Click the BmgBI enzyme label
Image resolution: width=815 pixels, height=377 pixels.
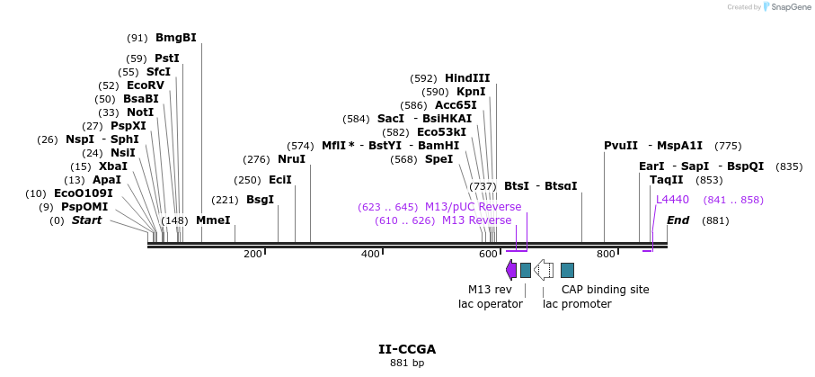(x=175, y=38)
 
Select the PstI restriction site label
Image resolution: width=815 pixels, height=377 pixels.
(x=167, y=58)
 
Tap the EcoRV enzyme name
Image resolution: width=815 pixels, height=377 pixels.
(x=146, y=85)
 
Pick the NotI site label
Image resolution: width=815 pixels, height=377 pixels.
(x=140, y=112)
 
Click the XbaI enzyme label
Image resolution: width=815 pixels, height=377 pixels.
(x=113, y=166)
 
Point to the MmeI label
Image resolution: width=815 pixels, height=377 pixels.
(x=213, y=220)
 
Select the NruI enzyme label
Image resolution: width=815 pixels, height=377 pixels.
(x=291, y=159)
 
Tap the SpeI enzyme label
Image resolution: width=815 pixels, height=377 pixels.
(x=439, y=159)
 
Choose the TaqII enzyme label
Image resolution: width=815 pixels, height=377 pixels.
(x=666, y=180)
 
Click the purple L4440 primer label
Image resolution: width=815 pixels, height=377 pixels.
(x=672, y=200)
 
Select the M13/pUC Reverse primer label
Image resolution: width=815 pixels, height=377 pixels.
(x=473, y=207)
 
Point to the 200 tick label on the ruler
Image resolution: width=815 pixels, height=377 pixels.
(x=252, y=255)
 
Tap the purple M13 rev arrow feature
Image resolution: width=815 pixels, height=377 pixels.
(x=511, y=270)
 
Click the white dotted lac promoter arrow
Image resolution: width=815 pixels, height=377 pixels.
(x=544, y=270)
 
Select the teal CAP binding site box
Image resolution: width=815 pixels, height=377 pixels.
(x=567, y=270)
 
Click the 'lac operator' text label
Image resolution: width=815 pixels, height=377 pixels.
(x=491, y=304)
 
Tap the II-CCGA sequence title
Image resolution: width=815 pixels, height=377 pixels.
(x=407, y=349)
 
